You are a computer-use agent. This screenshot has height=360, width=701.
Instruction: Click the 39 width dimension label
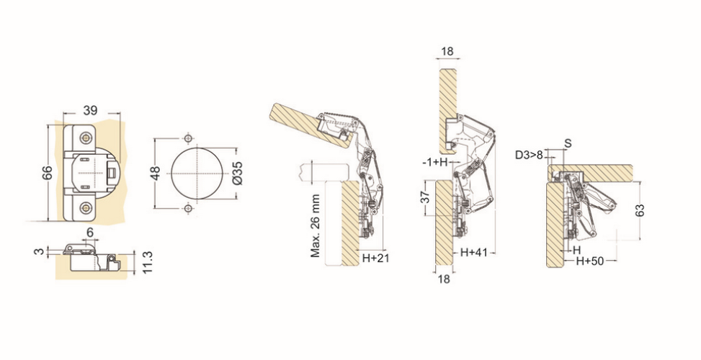pos(90,109)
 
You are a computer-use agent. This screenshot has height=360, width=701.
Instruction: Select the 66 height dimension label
pos(48,172)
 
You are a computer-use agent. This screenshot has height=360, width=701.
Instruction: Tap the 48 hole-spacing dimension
pos(156,173)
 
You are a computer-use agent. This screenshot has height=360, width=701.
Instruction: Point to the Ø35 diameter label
pos(238,173)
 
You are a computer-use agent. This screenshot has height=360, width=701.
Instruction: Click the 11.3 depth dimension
pos(148,263)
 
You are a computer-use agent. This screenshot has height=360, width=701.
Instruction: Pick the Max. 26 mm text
pos(316,225)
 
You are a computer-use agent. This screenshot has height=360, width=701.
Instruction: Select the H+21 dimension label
pos(376,258)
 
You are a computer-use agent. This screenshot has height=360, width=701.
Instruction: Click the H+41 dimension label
pos(474,252)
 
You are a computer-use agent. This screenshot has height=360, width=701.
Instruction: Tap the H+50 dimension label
pos(589,261)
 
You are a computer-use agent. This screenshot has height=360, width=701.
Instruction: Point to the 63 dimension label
pos(640,210)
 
